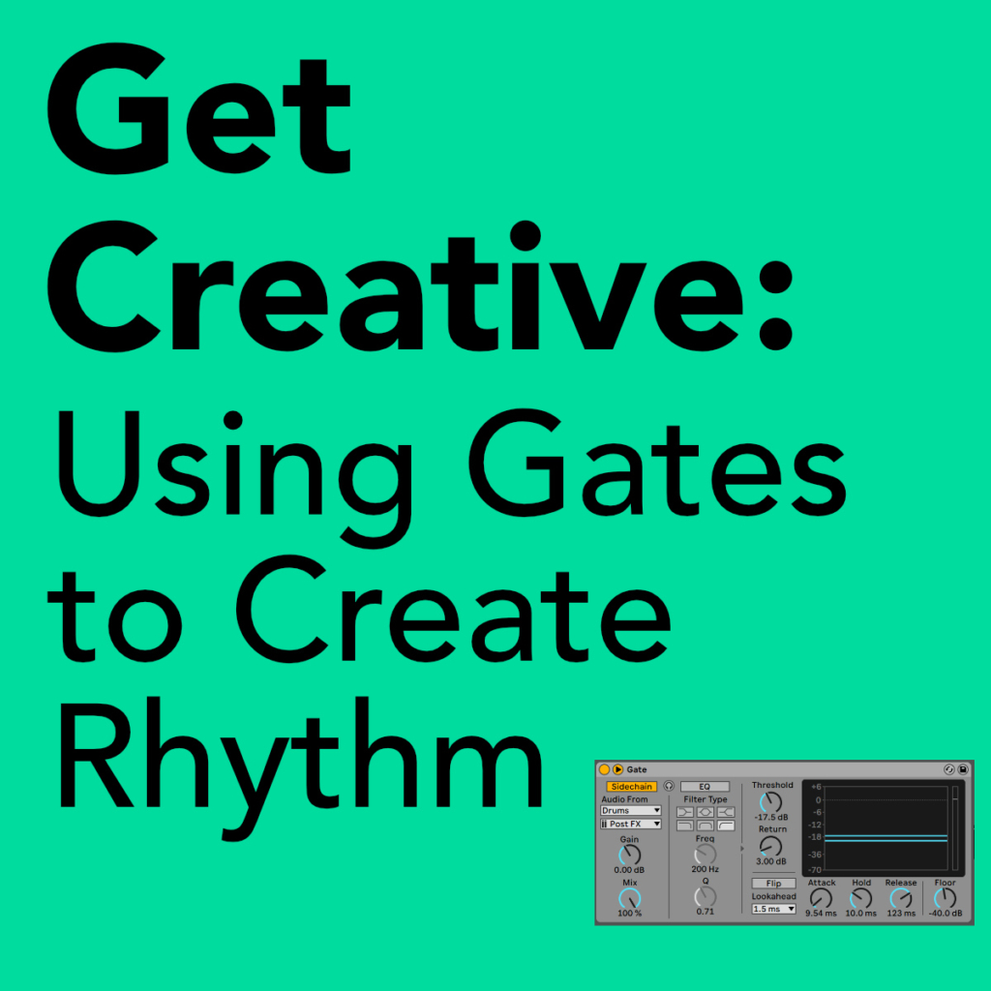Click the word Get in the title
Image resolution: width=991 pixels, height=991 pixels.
point(198,108)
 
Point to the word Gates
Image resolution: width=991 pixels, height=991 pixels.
point(657,464)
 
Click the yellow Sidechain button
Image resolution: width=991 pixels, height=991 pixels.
point(631,786)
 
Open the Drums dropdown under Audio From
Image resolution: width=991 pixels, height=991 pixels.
point(631,810)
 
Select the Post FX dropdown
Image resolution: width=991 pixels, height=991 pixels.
point(631,824)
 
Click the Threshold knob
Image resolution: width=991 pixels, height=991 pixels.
point(770,802)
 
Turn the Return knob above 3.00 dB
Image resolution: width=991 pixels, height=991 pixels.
point(770,846)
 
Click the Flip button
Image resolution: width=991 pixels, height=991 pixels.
point(773,883)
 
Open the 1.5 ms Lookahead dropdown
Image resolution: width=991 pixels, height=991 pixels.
point(773,909)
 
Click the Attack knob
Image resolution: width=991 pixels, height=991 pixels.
point(821,898)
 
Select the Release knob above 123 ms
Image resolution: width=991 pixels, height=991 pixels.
point(901,898)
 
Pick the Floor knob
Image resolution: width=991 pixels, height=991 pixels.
point(945,898)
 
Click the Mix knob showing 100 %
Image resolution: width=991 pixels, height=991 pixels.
point(629,898)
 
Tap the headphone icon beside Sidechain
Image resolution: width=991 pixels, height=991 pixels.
point(669,786)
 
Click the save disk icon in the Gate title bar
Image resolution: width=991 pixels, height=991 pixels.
point(963,769)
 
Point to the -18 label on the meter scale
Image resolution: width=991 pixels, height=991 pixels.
point(815,837)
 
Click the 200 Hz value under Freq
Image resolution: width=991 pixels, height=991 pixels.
point(705,869)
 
